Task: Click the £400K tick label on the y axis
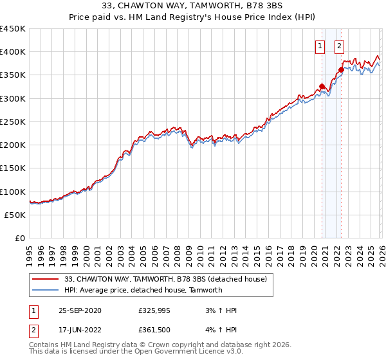[x=13, y=52]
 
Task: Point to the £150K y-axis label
[x=13, y=168]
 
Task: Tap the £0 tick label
[x=21, y=239]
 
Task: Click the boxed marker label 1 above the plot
[x=320, y=46]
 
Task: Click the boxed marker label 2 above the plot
[x=339, y=46]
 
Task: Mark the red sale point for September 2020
[x=322, y=87]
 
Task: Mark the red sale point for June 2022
[x=341, y=70]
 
